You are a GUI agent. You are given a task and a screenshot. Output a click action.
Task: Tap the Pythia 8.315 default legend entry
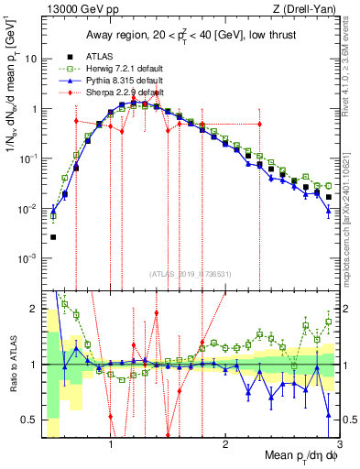(115, 81)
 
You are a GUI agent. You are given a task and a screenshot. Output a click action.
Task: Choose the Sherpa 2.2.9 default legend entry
(116, 93)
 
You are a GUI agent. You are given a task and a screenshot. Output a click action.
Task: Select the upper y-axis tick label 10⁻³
(29, 258)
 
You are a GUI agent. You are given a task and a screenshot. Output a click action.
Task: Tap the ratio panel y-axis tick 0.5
(31, 420)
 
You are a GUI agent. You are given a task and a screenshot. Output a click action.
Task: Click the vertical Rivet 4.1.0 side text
(352, 63)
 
